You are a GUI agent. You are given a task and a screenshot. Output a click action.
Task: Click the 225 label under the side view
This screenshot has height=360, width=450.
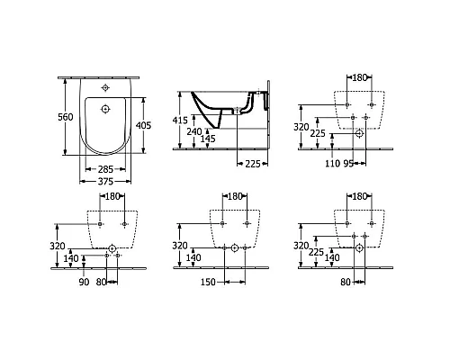(x=252, y=163)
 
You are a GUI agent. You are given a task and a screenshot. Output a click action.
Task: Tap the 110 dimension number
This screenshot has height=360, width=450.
(x=334, y=164)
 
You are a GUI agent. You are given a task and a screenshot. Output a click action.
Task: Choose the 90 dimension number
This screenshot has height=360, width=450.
(x=84, y=282)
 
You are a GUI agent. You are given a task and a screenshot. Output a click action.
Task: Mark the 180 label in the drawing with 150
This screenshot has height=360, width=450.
(x=233, y=196)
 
